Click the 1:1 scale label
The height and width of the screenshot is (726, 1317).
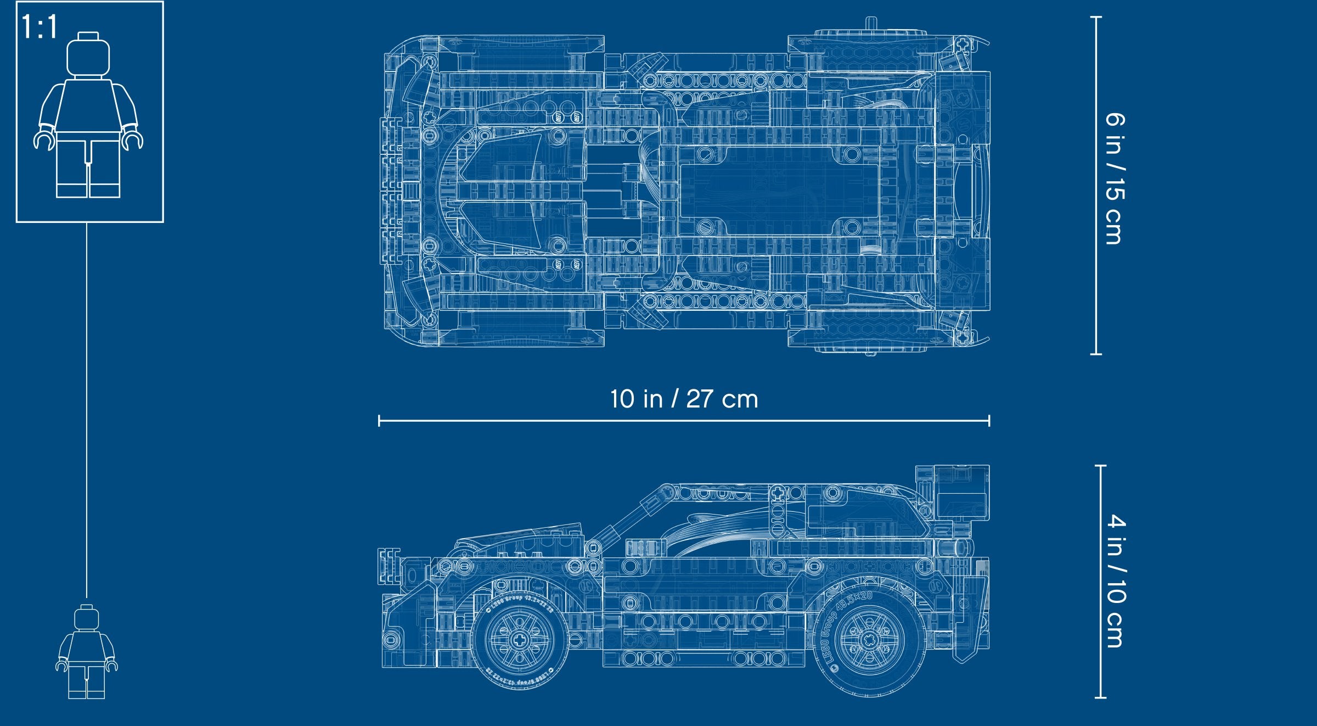[40, 27]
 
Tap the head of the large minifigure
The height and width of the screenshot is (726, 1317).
[88, 55]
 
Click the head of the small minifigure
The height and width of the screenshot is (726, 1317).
[87, 617]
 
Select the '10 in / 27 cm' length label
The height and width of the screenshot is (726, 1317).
[684, 399]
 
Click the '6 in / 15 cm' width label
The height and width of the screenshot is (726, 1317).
[1115, 178]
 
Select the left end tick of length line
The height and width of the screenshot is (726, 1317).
[379, 421]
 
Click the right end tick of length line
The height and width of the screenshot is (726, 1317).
[989, 421]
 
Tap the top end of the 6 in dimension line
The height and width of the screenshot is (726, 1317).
[1096, 18]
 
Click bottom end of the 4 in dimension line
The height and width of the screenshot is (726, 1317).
[1100, 697]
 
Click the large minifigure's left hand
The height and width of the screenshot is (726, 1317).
[132, 141]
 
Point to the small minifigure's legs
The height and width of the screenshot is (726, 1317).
[87, 681]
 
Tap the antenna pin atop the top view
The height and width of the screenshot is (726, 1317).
[870, 23]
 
